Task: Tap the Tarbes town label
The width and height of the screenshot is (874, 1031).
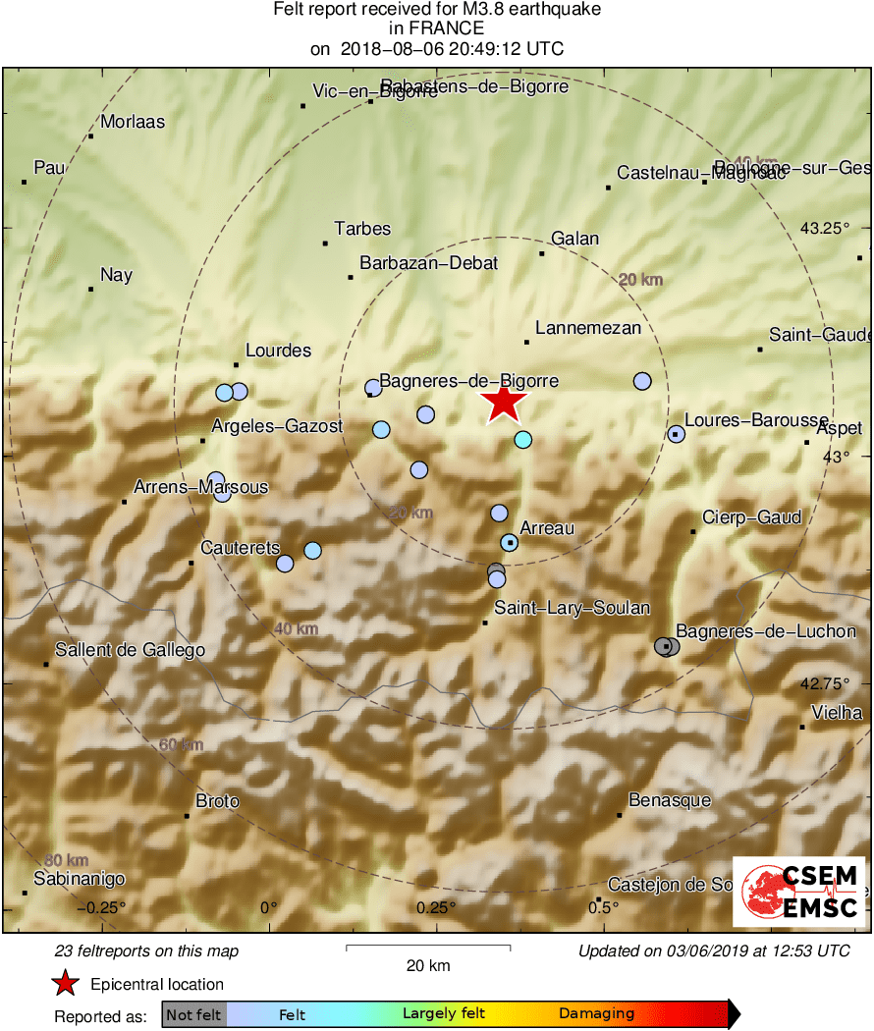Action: tap(362, 229)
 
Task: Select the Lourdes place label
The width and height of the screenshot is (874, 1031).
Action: tap(278, 351)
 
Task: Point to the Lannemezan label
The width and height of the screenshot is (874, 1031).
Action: tap(588, 329)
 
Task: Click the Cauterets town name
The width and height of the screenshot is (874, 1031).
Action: tap(241, 548)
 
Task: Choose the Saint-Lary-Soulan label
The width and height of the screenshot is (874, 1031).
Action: tap(572, 608)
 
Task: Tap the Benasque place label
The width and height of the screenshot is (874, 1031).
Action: tap(670, 800)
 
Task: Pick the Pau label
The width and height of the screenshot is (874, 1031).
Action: tap(49, 168)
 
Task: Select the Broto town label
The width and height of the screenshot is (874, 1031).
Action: tap(217, 801)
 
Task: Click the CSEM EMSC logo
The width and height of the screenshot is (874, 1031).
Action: tap(799, 892)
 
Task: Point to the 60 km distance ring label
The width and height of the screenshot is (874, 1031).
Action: tap(181, 744)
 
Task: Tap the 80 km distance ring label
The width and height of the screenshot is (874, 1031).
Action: tap(65, 860)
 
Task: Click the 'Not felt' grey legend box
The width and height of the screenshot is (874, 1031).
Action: tap(193, 1014)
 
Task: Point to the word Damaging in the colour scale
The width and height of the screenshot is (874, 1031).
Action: tap(597, 1014)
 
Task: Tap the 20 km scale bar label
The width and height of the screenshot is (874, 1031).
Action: tap(428, 965)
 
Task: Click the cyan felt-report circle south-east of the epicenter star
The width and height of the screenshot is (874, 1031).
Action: tap(523, 439)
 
